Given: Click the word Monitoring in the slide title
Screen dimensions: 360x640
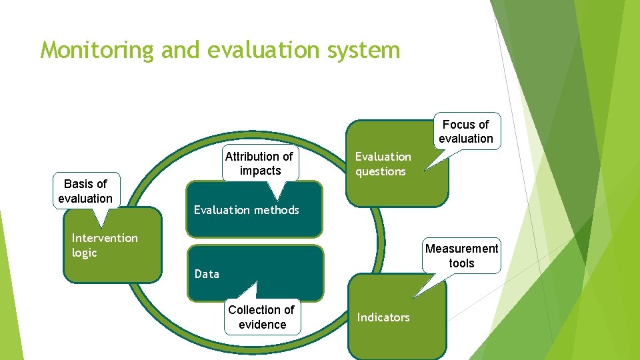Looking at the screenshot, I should pos(97,50).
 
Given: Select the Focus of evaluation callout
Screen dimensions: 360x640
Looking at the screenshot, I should pos(465,131).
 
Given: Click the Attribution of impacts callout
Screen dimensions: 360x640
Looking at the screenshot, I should pos(259,163).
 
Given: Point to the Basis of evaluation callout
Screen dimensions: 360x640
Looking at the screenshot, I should pos(85,191).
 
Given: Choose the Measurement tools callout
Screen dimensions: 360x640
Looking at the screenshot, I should pos(461,256).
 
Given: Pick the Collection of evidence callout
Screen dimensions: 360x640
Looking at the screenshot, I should pos(261,317).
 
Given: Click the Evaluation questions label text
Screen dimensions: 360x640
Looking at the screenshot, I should pos(383,164).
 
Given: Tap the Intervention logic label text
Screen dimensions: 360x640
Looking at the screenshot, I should pos(105,245).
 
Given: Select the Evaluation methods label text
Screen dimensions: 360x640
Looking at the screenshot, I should pos(246,210).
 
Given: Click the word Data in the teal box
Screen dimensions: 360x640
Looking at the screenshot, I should pos(207,274).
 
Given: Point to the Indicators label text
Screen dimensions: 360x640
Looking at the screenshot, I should pos(383,317).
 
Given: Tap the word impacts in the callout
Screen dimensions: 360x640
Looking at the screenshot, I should pos(261,171).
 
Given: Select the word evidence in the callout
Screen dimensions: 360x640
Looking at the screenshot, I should pos(263,325).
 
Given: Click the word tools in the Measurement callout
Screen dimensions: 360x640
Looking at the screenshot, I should pos(461,263).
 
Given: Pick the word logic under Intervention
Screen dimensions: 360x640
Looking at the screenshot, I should pos(85,253).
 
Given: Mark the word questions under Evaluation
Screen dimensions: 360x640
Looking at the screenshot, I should pos(380,171).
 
